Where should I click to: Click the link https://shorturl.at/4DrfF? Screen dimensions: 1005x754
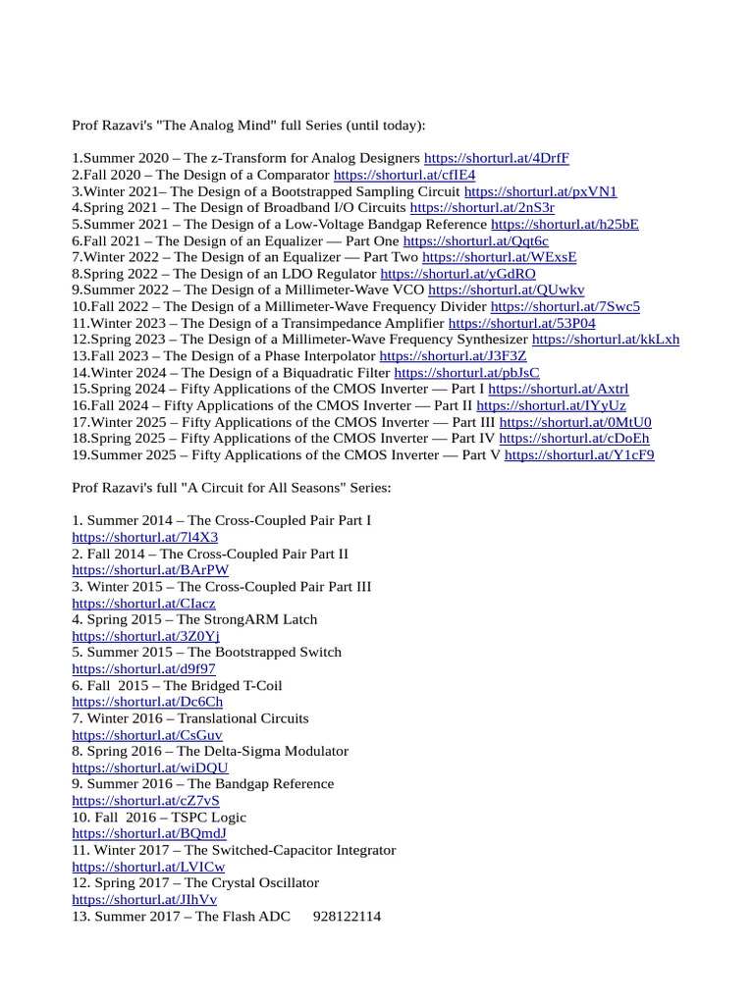coord(496,158)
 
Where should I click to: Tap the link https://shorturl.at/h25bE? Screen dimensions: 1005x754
coord(565,224)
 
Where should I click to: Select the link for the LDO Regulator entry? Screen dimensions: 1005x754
coord(458,274)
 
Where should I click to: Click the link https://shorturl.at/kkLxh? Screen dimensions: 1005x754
coord(605,340)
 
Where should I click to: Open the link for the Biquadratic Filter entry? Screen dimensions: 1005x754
coord(466,373)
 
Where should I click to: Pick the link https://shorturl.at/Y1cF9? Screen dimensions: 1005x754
coord(579,455)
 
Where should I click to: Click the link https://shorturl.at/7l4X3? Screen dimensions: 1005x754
coord(145,537)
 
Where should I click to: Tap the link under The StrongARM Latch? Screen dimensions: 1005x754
coord(145,636)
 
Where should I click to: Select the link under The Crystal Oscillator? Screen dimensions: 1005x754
coord(144,899)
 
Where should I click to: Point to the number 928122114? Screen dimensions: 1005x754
coord(347,916)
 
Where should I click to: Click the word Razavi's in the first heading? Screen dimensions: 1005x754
coord(134,126)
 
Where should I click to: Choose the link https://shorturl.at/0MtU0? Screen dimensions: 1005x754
coord(574,422)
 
